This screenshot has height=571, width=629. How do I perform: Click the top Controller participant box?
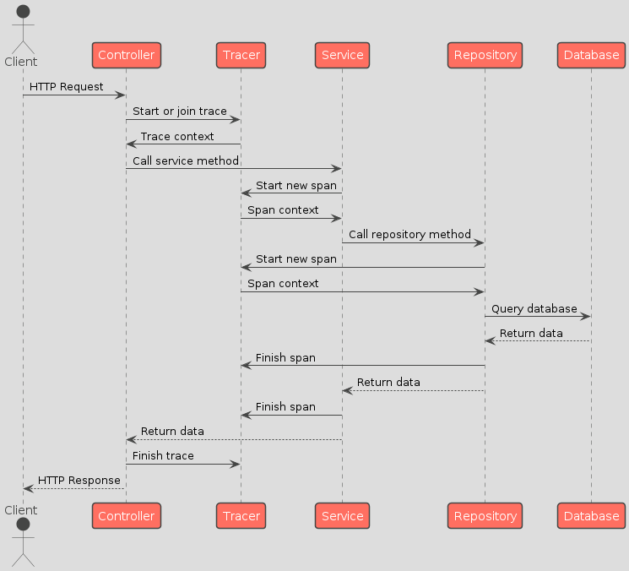[126, 55]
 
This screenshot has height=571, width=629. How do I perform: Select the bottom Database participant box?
[591, 515]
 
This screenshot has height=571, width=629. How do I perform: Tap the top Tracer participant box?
[241, 55]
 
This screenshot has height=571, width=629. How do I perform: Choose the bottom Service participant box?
[342, 515]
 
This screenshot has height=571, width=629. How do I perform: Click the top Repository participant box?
[485, 55]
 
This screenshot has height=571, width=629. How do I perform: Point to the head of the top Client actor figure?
[23, 11]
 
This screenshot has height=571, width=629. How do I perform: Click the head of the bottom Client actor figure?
[23, 525]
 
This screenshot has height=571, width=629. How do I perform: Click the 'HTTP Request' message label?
[67, 87]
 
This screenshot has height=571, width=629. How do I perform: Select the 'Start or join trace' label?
[179, 111]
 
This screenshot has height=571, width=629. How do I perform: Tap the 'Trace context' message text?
[177, 136]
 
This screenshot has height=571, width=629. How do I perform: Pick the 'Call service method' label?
[186, 160]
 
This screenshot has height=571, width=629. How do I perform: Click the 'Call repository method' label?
[409, 234]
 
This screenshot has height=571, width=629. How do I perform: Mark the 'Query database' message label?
[534, 308]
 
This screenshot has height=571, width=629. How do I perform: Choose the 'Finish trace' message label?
[163, 455]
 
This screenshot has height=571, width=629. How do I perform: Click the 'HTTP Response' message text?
[79, 480]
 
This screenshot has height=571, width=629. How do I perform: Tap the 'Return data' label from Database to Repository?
[531, 333]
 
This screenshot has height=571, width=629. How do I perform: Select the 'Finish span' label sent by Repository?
[285, 357]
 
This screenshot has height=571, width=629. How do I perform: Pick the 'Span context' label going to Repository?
[283, 283]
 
